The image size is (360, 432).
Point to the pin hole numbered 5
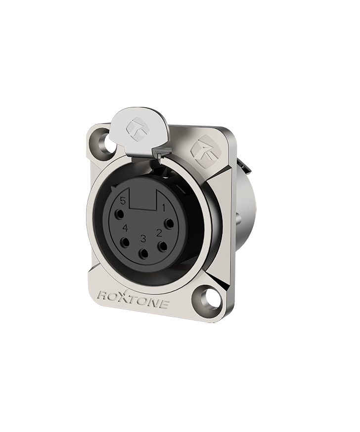120,214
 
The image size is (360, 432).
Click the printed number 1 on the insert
164,208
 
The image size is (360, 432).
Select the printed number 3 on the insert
143,239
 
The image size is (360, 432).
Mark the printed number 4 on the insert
126,228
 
